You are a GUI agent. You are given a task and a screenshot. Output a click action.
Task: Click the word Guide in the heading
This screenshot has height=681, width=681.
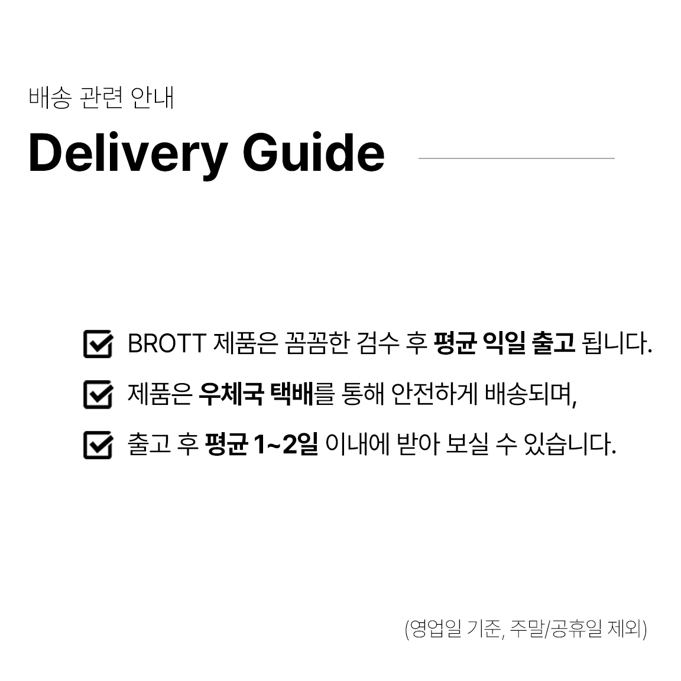pyautogui.click(x=313, y=153)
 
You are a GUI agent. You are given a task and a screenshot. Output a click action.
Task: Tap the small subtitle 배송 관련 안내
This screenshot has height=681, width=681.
pyautogui.click(x=101, y=98)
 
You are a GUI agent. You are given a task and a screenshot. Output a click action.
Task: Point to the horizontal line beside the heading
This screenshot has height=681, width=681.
pyautogui.click(x=516, y=158)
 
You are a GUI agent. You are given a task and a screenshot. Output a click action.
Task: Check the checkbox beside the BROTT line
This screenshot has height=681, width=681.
pyautogui.click(x=98, y=344)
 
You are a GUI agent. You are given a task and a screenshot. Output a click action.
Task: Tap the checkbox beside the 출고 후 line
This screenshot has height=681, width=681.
pyautogui.click(x=98, y=445)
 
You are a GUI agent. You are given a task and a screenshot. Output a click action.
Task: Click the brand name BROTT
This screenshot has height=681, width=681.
pyautogui.click(x=166, y=343)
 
